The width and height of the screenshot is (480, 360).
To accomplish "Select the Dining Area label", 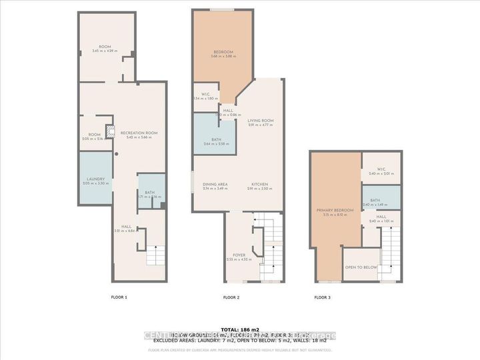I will click(x=215, y=185).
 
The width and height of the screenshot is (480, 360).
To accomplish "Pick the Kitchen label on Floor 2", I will click(x=260, y=185).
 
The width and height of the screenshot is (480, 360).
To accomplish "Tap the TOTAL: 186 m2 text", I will click(x=239, y=330).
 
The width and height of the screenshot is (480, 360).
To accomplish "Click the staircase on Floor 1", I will click(x=155, y=255).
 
